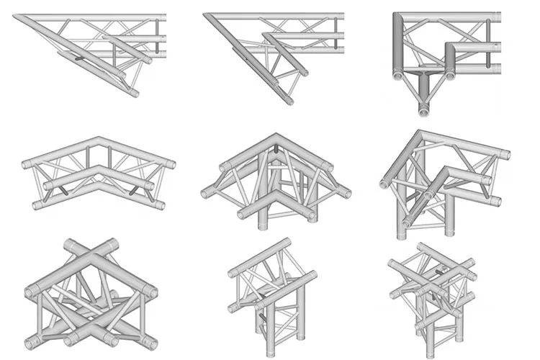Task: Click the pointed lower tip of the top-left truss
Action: (134, 94)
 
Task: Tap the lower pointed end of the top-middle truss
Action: (290, 102)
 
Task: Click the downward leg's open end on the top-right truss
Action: (423, 112)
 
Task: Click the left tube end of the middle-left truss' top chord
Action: (27, 164)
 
